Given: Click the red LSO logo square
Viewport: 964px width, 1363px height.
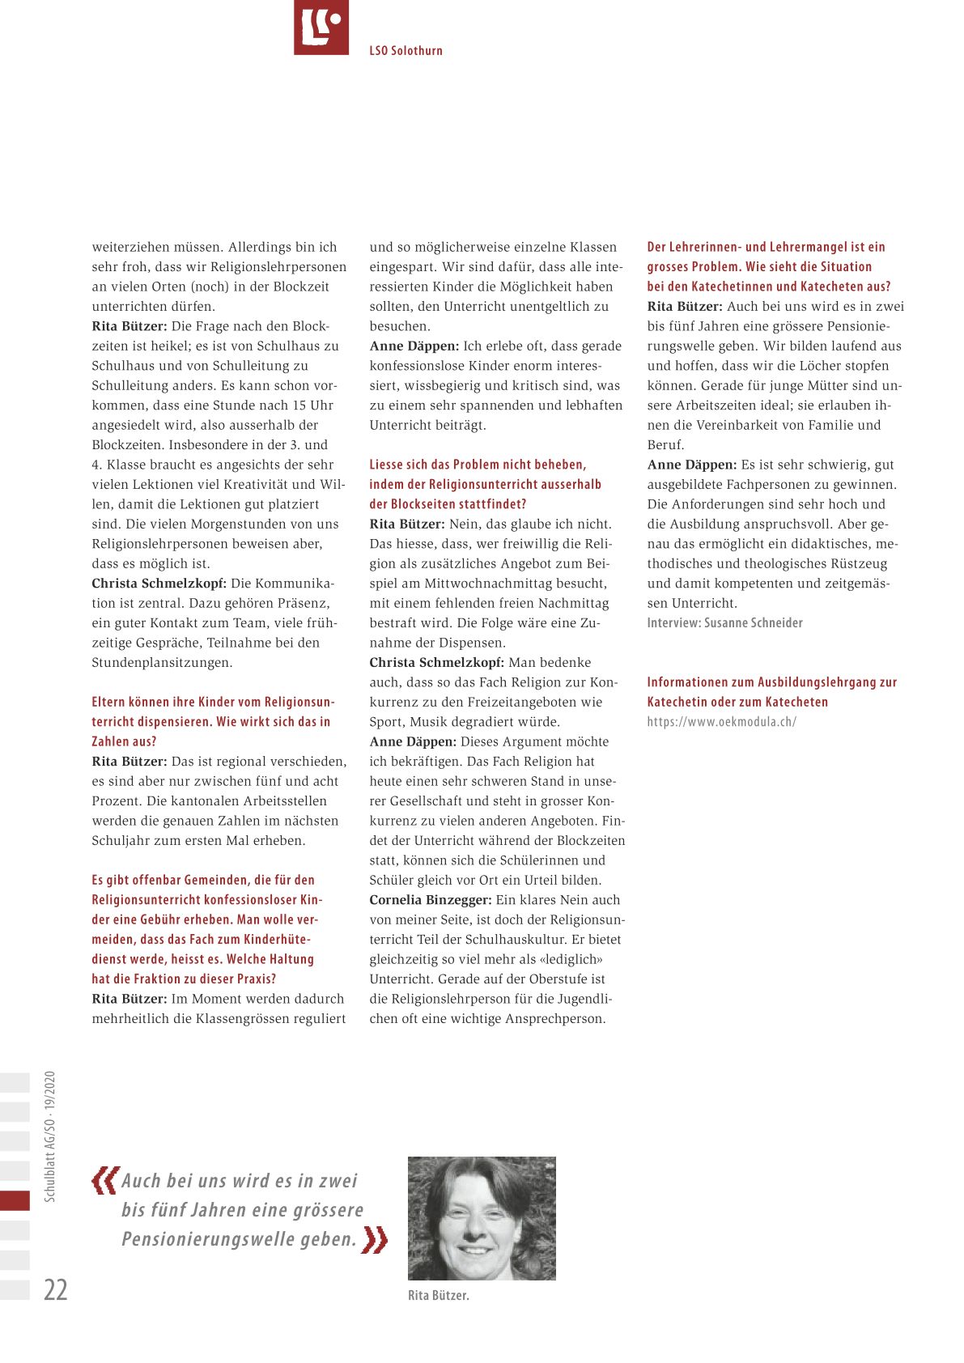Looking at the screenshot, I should tap(321, 28).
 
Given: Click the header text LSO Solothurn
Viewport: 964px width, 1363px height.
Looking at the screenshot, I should tap(406, 50).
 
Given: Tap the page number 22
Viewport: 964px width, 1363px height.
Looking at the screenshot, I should tap(55, 1289).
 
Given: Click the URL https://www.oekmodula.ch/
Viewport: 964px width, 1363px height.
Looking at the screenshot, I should tap(721, 722).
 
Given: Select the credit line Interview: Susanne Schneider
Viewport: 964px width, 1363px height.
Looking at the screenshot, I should tap(724, 622).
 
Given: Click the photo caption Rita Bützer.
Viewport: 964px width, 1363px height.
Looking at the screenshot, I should tap(438, 1295).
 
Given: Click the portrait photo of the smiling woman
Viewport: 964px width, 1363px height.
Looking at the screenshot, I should tap(482, 1218).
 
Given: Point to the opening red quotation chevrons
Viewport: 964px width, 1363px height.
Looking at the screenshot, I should tap(104, 1180).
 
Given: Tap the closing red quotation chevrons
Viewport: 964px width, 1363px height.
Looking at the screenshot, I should tap(375, 1239).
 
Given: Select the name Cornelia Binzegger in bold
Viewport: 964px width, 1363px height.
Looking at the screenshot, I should tap(430, 900).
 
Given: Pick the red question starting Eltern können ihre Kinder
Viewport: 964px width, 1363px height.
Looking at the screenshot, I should tap(212, 721).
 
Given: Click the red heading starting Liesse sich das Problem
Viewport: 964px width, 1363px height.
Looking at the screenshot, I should tap(486, 484).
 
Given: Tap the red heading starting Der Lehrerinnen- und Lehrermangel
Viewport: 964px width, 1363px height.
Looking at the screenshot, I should tap(768, 266).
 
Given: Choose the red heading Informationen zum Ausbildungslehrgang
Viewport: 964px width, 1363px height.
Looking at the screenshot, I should tap(771, 692).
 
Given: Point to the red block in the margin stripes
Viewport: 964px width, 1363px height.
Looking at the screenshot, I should tap(15, 1200).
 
